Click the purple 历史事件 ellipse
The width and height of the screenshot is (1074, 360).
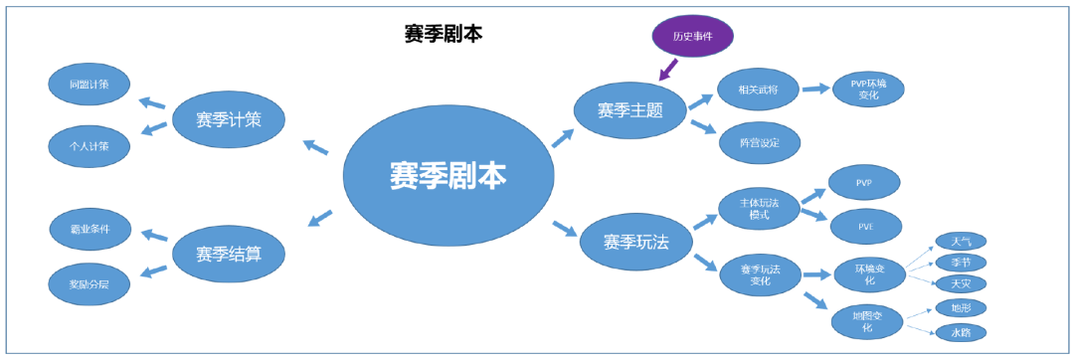coord(693,37)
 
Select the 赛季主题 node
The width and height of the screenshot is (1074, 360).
coord(630,110)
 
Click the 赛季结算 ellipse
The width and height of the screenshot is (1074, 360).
coord(229,254)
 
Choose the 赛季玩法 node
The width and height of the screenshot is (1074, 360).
coord(636,242)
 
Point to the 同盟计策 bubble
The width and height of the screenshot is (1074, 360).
coord(89,86)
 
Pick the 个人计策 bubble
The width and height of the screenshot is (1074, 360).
coord(89,145)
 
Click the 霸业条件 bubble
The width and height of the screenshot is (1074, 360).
coord(89,229)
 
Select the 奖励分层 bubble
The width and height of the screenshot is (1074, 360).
coord(89,283)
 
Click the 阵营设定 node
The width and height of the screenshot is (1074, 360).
coord(759,143)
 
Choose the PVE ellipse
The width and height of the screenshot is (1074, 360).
coord(864,226)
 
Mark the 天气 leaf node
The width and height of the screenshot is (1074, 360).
coord(961,242)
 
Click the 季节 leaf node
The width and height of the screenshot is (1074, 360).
coord(961,263)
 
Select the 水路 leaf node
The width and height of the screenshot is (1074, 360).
coord(961,332)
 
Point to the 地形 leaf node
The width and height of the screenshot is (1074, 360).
coord(961,308)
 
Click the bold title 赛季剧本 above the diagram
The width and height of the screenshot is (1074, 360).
coord(444,34)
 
